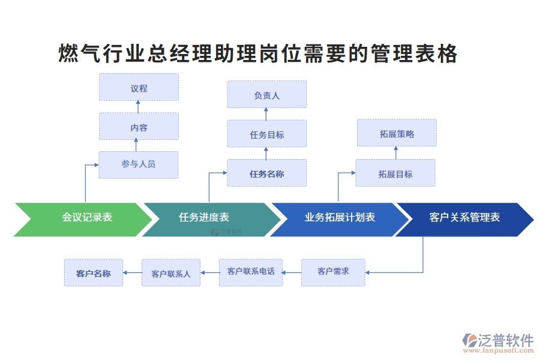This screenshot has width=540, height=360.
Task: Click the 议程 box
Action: coord(139,88)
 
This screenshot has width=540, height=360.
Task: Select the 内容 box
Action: coord(139,127)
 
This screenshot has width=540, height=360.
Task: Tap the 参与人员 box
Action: coord(139,164)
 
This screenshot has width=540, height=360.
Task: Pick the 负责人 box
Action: coord(266,95)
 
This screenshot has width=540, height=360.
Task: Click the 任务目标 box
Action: coord(266,134)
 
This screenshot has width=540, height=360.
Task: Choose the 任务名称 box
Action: coord(266,173)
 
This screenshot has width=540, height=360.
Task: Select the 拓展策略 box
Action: coord(397,133)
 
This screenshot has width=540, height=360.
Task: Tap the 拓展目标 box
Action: coord(395,173)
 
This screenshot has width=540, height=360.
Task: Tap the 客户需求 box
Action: coord(333,272)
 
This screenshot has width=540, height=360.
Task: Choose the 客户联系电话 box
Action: coord(251,272)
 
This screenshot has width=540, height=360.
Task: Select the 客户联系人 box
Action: coord(171,273)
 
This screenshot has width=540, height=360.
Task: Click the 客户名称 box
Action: coord(94,273)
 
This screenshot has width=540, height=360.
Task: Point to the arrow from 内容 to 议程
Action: coord(139,107)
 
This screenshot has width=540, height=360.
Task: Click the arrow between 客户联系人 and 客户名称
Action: coord(132,273)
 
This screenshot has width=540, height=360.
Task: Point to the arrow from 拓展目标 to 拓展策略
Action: coord(395,153)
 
